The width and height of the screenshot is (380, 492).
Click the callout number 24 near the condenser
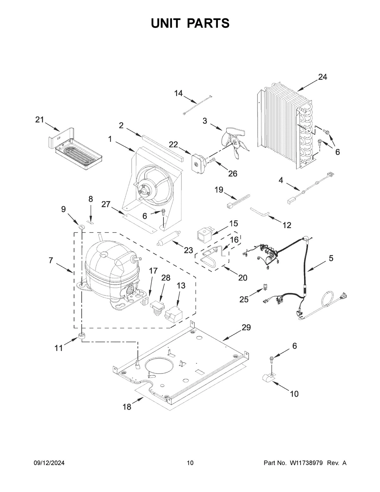[x=322, y=77]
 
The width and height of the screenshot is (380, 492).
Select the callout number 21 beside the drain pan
[x=39, y=119]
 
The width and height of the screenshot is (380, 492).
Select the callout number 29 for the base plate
[x=246, y=328]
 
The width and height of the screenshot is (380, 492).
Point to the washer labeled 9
[x=81, y=227]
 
